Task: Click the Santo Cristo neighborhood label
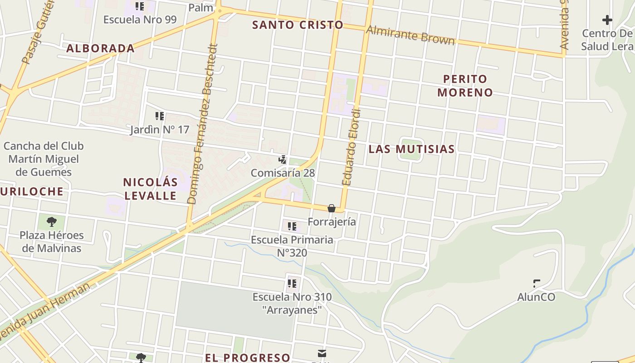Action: (298, 25)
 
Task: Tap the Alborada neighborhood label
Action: (100, 48)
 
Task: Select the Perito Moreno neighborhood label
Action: (465, 85)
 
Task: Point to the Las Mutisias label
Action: (411, 149)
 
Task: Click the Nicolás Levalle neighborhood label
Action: (150, 189)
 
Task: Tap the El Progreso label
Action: (247, 357)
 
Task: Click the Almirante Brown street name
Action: (410, 35)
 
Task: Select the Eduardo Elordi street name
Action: (352, 147)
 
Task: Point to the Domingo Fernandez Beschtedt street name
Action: (203, 123)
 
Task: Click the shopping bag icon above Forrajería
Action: (332, 208)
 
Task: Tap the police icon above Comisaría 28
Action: (283, 159)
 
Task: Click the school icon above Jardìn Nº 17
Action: (159, 116)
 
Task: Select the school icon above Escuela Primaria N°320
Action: (292, 226)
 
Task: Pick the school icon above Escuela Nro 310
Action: (292, 284)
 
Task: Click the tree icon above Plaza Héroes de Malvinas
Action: (52, 221)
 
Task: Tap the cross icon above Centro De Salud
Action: (607, 20)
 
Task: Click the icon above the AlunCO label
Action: (537, 284)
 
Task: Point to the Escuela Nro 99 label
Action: (140, 20)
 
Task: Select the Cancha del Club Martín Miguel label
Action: (44, 159)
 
